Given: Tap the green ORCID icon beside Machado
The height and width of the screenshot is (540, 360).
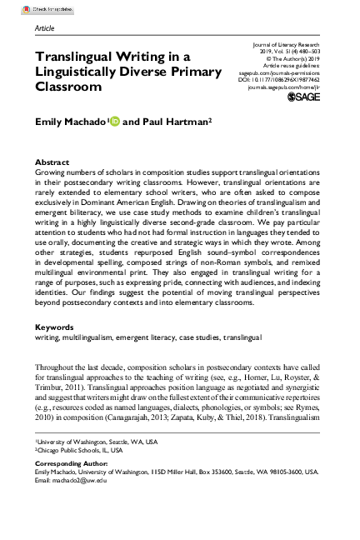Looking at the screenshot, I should coord(114,122).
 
